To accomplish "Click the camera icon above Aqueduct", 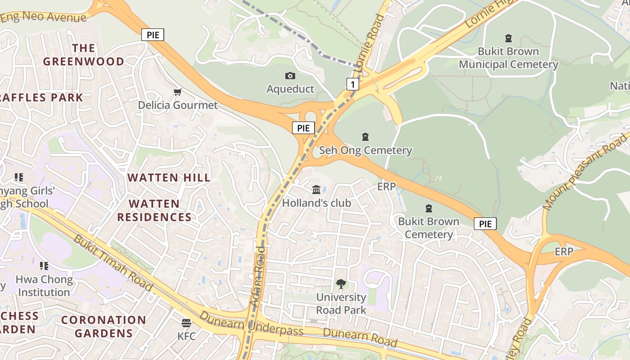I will pyautogui.click(x=290, y=76).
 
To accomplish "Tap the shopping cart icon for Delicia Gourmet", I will pyautogui.click(x=178, y=92).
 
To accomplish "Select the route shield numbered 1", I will pyautogui.click(x=353, y=84).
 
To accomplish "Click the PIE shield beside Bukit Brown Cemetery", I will pyautogui.click(x=485, y=224).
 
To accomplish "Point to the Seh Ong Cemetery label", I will pyautogui.click(x=365, y=150).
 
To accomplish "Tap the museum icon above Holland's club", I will pyautogui.click(x=316, y=189).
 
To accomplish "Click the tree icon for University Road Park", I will pyautogui.click(x=341, y=283).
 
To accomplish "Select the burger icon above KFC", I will pyautogui.click(x=186, y=323).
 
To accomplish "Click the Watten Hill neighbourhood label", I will pyautogui.click(x=169, y=178).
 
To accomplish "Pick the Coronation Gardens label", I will pyautogui.click(x=103, y=327).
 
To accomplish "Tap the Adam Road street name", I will pyautogui.click(x=258, y=276).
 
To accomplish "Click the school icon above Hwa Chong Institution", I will pyautogui.click(x=44, y=266).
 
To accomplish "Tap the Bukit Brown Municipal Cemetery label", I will pyautogui.click(x=508, y=58).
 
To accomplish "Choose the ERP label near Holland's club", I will pyautogui.click(x=386, y=186).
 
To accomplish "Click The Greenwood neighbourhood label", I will pyautogui.click(x=84, y=55).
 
